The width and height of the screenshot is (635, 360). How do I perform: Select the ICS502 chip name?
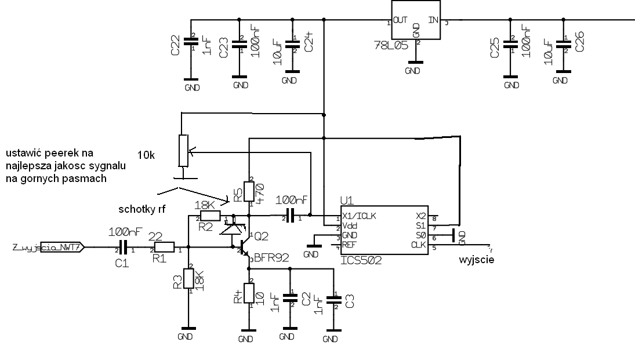point(361,260)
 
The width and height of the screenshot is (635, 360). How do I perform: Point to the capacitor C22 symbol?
point(188,41)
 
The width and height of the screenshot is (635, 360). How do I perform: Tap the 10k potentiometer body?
point(183,150)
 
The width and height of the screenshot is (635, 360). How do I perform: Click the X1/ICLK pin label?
point(360,216)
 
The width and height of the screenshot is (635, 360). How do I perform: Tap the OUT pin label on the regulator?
point(400,20)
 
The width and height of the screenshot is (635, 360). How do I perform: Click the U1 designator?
point(347,201)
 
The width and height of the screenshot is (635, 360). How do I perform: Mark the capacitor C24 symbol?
point(293,42)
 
